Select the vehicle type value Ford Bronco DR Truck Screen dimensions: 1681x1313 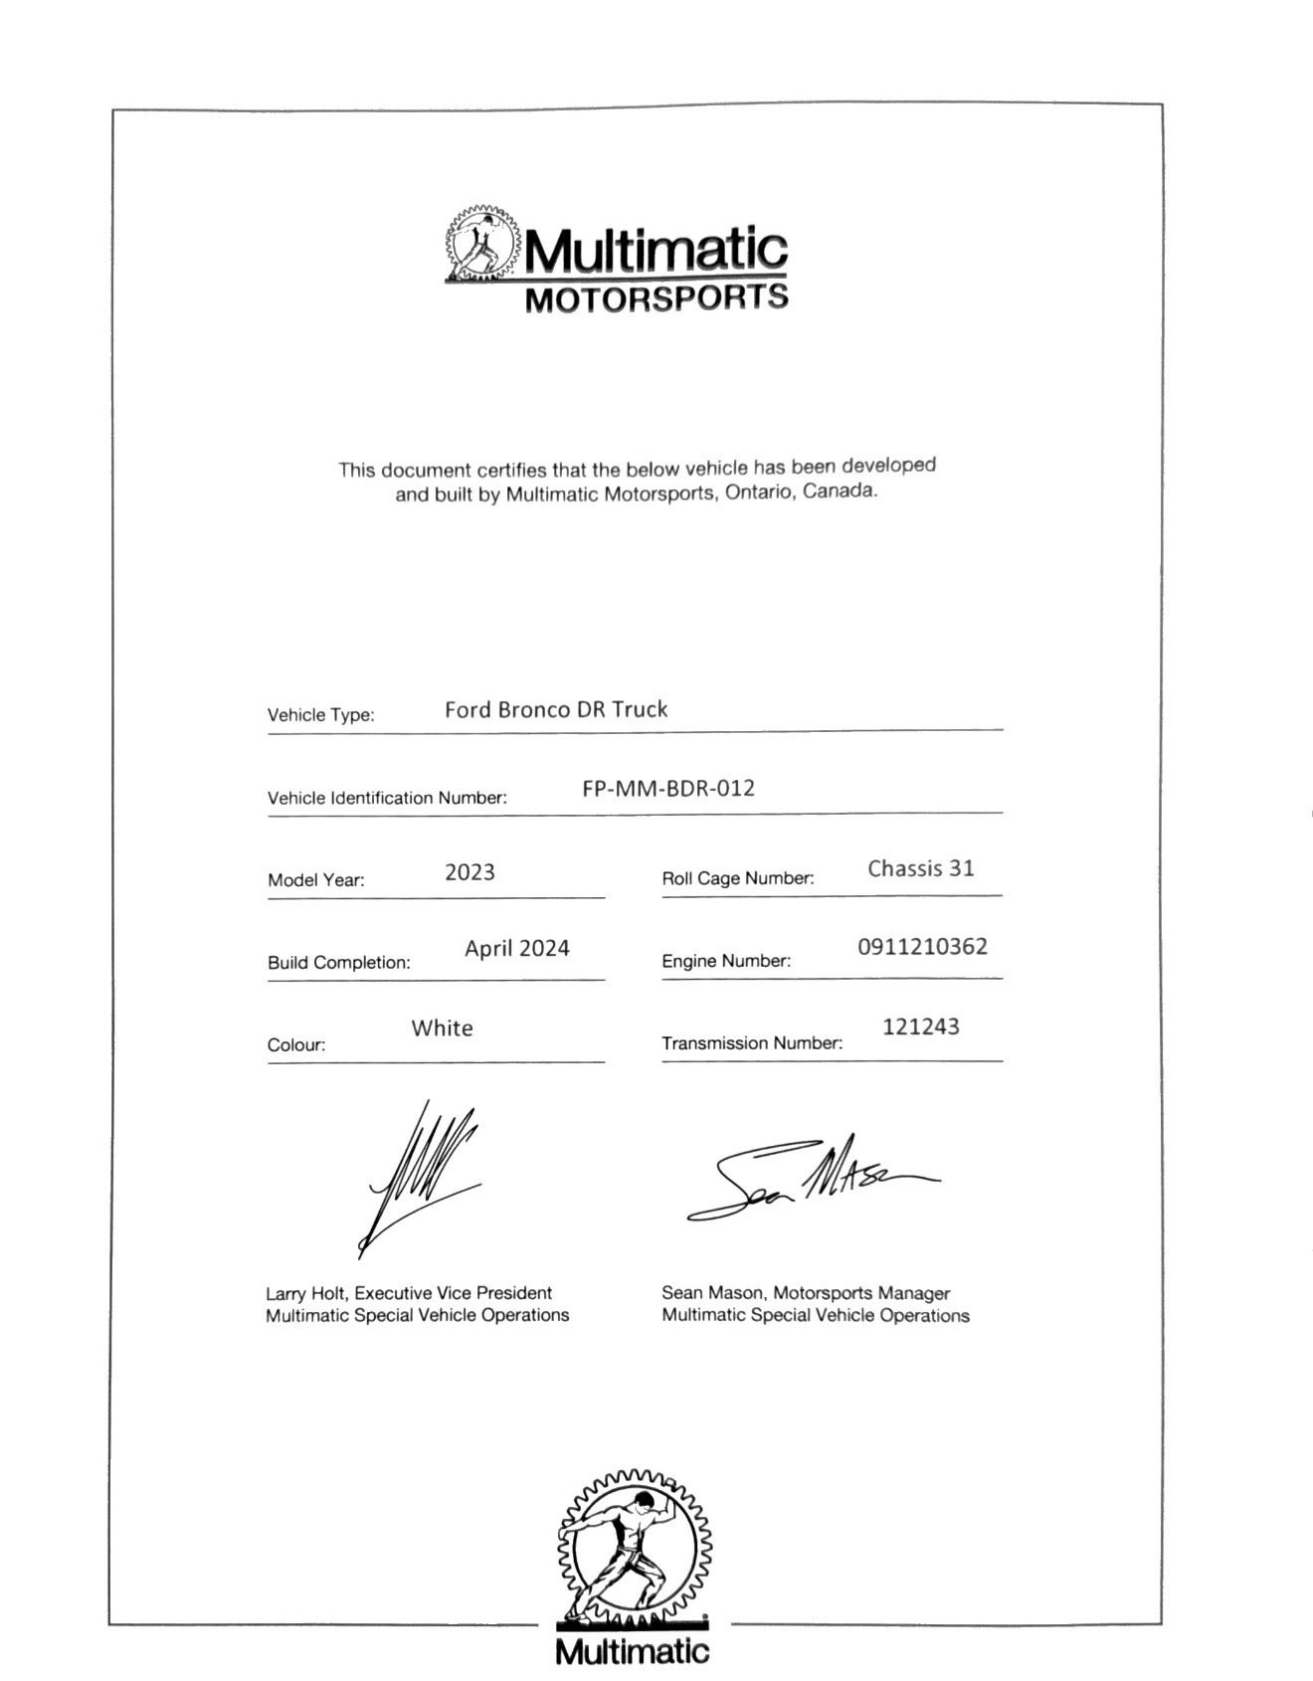(555, 709)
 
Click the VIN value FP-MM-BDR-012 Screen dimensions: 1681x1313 (668, 789)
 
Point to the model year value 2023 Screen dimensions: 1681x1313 (469, 872)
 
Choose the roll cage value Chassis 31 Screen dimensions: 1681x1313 (920, 868)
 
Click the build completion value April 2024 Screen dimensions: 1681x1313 (516, 948)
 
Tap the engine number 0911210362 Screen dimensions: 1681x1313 (922, 946)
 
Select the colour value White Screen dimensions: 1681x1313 (442, 1027)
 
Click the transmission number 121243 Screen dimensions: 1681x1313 (920, 1027)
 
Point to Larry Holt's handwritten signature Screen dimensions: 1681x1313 (423, 1174)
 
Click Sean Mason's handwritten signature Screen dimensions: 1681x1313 (811, 1179)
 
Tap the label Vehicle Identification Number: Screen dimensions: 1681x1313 (387, 798)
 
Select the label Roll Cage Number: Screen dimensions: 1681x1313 (737, 878)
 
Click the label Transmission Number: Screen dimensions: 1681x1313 (751, 1043)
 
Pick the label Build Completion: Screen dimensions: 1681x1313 (338, 963)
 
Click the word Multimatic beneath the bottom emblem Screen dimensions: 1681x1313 (633, 1652)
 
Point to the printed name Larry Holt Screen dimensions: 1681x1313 (305, 1293)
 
